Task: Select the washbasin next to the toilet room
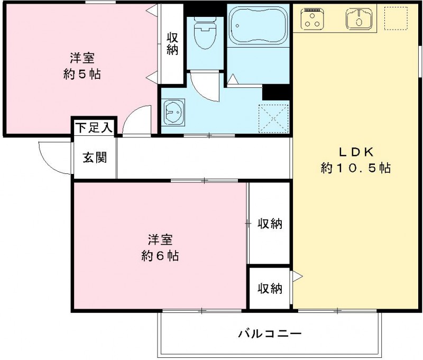pyautogui.click(x=173, y=112)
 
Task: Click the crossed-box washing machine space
pyautogui.click(x=274, y=117)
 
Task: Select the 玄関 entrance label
pyautogui.click(x=95, y=158)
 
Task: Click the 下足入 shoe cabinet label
pyautogui.click(x=94, y=127)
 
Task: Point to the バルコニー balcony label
pyautogui.click(x=269, y=334)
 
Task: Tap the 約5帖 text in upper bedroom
pyautogui.click(x=82, y=73)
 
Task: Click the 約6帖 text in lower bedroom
pyautogui.click(x=160, y=256)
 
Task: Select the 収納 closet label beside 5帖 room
pyautogui.click(x=172, y=43)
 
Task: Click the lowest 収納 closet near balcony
pyautogui.click(x=270, y=289)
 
